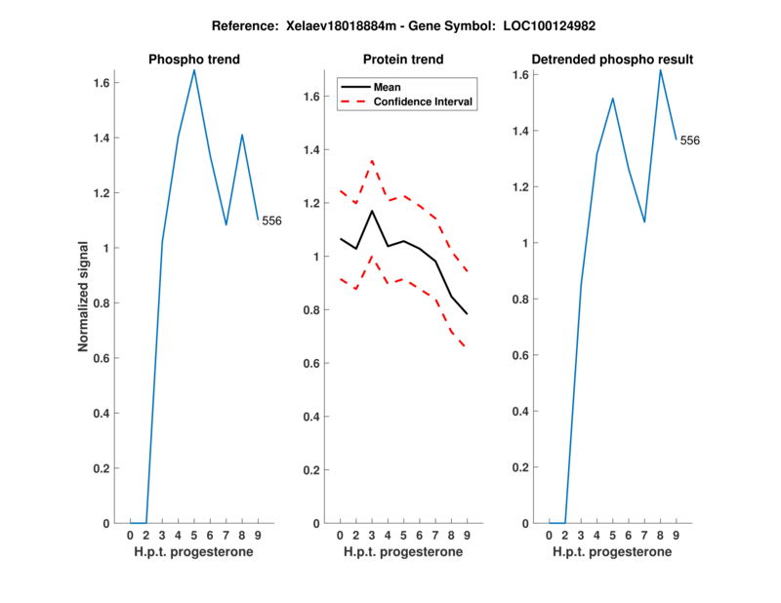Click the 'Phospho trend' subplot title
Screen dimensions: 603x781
(194, 60)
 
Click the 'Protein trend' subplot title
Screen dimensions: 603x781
(403, 60)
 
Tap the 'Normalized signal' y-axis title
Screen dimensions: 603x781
(85, 297)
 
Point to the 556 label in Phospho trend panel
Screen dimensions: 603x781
(271, 221)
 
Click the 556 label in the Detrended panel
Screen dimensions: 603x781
(689, 141)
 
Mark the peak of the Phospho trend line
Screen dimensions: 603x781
(194, 70)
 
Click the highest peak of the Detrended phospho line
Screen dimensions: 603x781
(661, 70)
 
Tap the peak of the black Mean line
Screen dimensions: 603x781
(371, 211)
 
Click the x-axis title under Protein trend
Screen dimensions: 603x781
(403, 552)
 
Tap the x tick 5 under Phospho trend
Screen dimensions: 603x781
(194, 536)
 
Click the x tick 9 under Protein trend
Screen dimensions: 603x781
(467, 536)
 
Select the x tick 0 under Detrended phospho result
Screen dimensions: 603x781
(550, 536)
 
